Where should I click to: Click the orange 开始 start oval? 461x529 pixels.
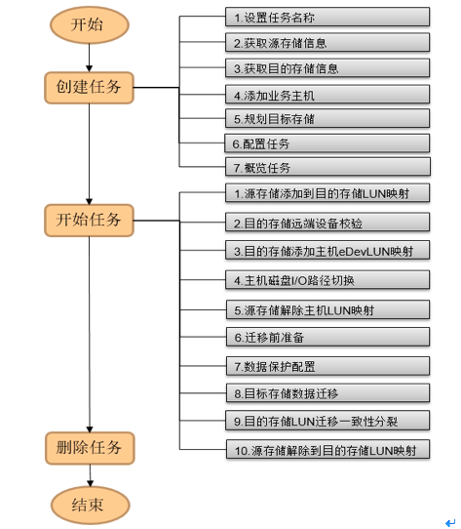tap(90, 25)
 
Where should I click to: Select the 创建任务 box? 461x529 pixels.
tap(89, 88)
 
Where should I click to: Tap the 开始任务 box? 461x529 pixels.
tap(89, 220)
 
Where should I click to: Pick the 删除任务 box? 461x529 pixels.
tap(90, 448)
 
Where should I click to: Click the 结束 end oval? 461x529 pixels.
tap(91, 505)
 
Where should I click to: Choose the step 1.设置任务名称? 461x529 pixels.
tap(327, 17)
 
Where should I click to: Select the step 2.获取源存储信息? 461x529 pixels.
tap(327, 43)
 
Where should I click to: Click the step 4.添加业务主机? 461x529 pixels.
tap(327, 95)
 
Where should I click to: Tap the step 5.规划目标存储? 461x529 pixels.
tap(327, 118)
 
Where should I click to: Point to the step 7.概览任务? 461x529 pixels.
tap(327, 167)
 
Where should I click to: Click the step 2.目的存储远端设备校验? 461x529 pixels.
tap(327, 223)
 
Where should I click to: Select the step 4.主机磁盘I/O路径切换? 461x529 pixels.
tap(327, 280)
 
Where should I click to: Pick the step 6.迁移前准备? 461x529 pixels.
tap(327, 337)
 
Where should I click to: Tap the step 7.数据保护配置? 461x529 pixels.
tap(327, 366)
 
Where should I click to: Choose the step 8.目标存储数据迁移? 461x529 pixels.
tap(327, 393)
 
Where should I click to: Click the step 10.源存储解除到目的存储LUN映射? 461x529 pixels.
tap(327, 449)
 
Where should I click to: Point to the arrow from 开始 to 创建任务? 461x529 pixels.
tap(90, 58)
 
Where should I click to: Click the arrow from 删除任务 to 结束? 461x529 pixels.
tap(90, 475)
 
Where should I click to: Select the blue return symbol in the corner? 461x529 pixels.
tap(450, 522)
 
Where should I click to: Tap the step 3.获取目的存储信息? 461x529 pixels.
tap(327, 68)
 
